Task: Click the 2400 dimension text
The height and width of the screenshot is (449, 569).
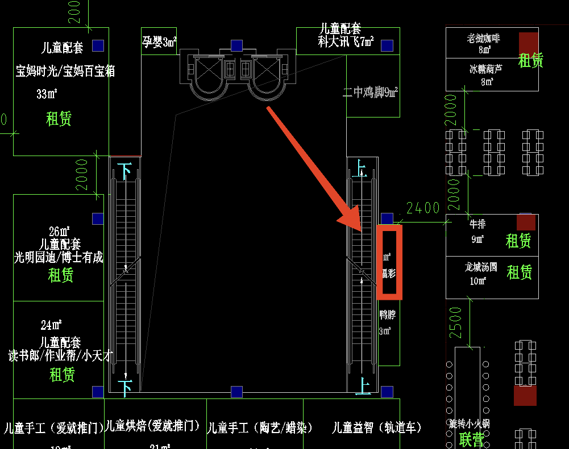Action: point(423,208)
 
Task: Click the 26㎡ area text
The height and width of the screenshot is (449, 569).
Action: point(59,232)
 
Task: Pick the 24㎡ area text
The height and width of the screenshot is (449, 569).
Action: point(51,325)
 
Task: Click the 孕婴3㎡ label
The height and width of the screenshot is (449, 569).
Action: point(159,41)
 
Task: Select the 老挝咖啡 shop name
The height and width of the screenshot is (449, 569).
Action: point(484,39)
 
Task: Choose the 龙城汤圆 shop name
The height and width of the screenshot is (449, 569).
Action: point(481,266)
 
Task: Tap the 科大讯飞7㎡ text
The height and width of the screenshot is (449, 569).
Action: point(346,41)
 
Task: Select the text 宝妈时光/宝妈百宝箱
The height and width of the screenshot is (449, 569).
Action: point(65,71)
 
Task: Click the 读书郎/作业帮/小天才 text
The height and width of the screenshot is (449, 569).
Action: point(60,356)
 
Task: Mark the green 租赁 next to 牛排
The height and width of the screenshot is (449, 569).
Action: point(518,241)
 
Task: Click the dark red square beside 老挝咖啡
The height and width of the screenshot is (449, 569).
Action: point(528,43)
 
